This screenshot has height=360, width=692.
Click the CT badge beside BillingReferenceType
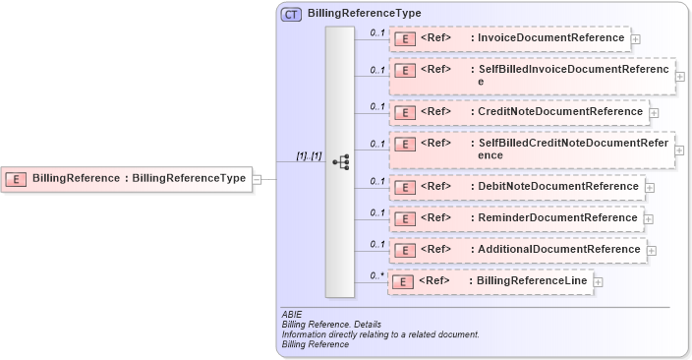click(291, 14)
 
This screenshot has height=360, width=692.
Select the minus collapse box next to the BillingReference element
click(257, 179)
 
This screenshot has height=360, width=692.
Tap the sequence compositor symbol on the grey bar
click(340, 161)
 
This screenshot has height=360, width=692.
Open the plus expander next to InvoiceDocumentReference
click(636, 39)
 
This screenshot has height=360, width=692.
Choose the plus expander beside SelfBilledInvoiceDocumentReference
click(680, 76)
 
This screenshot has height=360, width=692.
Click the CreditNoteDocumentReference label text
click(560, 112)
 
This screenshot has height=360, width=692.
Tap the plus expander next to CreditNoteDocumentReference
click(655, 113)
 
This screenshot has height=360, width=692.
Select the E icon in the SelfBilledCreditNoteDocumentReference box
click(404, 145)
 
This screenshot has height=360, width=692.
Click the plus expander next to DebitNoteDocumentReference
click(650, 187)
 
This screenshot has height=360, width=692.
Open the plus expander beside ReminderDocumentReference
click(649, 218)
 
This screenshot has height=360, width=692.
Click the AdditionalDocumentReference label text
click(558, 250)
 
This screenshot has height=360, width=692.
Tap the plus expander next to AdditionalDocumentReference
click(652, 251)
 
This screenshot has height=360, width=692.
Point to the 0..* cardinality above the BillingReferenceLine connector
click(376, 275)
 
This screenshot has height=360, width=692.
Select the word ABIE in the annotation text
click(291, 314)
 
